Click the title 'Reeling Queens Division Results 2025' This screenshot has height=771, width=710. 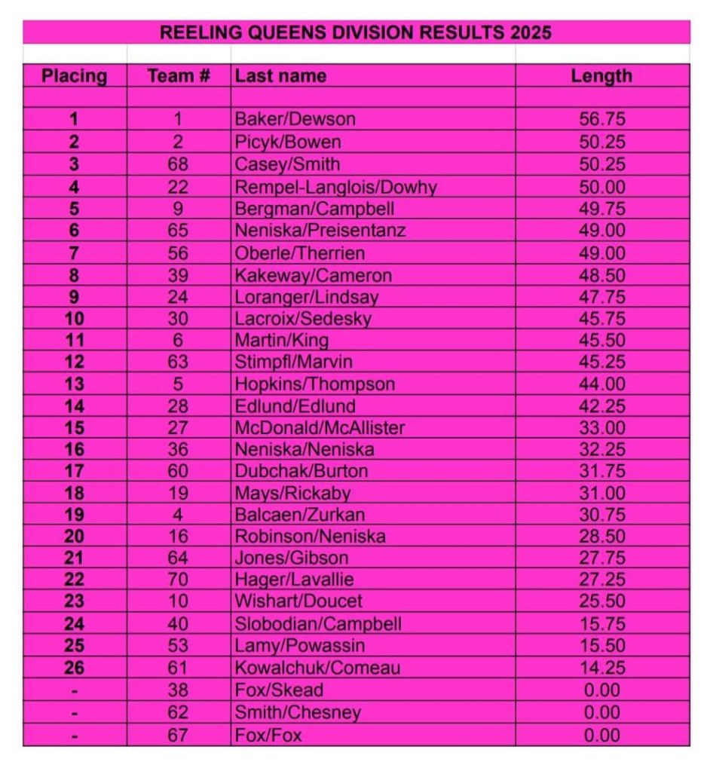[x=356, y=32]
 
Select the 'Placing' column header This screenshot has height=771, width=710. [x=74, y=76]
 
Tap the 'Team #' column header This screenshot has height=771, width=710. [x=179, y=76]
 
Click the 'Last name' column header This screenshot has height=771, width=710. [x=280, y=76]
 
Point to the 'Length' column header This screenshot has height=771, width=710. [x=601, y=76]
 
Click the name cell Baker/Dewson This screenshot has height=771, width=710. [x=295, y=119]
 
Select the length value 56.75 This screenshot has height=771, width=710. [x=601, y=119]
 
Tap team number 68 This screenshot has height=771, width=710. [x=179, y=164]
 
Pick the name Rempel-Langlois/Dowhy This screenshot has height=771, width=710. [x=335, y=187]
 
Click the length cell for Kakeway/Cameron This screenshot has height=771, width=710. [x=601, y=274]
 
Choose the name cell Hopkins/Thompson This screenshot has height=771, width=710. [x=314, y=384]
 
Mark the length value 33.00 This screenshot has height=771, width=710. [x=601, y=428]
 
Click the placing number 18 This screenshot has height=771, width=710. [x=74, y=494]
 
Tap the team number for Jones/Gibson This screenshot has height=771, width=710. [x=179, y=558]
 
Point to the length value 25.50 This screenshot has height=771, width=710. [x=601, y=602]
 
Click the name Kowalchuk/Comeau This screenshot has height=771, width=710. [x=317, y=668]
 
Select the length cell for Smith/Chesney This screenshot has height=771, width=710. [x=601, y=712]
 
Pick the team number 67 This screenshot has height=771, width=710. [x=179, y=735]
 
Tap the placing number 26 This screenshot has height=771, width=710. [x=74, y=668]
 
